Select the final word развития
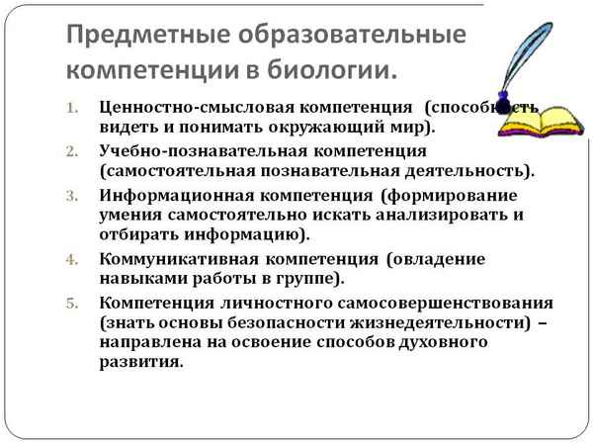click(x=140, y=362)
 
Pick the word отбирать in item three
click(x=139, y=234)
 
